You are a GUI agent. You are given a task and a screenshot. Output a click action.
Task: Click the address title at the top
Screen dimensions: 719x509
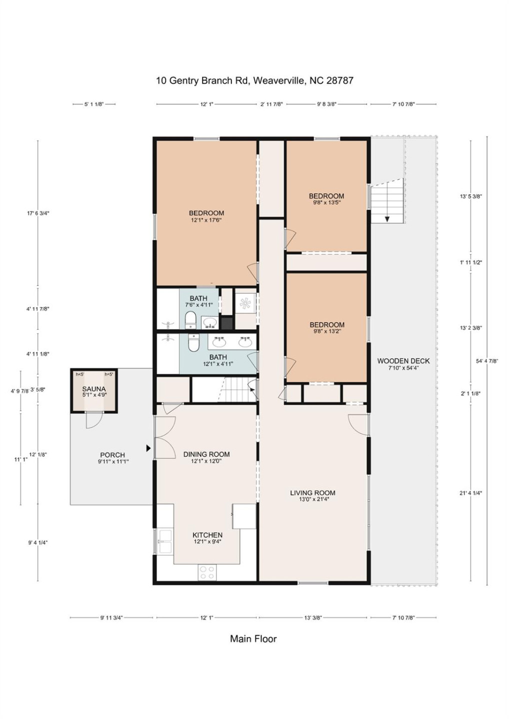254,80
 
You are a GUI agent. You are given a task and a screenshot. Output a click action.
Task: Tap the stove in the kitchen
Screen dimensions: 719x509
207,572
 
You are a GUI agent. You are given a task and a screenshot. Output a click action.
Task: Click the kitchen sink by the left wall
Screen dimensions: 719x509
164,542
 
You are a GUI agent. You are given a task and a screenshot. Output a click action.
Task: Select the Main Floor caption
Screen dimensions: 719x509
253,639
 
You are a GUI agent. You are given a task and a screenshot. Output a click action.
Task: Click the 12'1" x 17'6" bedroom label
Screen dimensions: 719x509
206,216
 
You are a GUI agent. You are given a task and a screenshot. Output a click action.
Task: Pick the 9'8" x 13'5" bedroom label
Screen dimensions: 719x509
326,199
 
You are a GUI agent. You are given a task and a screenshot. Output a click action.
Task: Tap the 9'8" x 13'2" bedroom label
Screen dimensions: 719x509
327,327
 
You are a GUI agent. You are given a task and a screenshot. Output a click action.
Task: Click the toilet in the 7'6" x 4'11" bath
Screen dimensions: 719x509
190,320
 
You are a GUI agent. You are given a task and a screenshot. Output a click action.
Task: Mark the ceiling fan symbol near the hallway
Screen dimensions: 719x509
245,304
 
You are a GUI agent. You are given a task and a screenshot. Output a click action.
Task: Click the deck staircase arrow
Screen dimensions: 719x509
387,219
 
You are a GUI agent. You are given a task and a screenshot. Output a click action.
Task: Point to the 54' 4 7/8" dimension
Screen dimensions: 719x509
486,361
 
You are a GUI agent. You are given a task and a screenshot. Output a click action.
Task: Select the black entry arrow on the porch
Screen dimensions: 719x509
148,448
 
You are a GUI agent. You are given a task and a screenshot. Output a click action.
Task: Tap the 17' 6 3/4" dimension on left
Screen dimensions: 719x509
38,213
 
